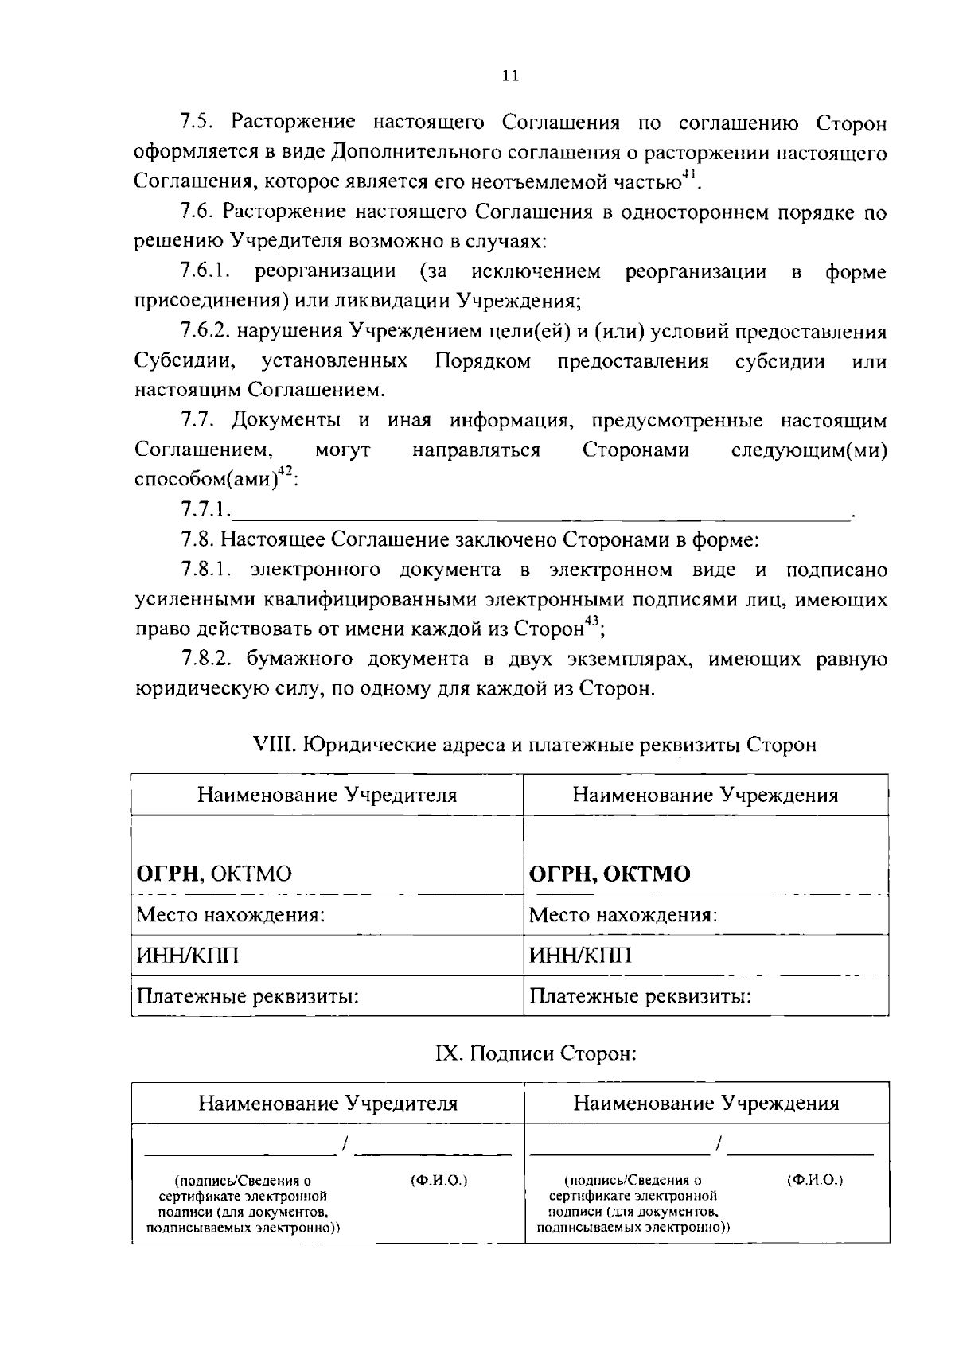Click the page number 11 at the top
point(510,76)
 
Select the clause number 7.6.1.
point(205,272)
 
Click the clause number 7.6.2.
point(205,331)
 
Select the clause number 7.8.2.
point(205,659)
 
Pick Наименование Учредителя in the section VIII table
point(327,795)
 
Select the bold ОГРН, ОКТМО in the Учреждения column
point(610,874)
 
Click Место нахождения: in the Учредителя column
point(231,915)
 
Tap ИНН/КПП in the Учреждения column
point(581,955)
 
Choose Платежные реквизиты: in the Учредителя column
point(248,996)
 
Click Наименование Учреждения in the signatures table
point(706,1104)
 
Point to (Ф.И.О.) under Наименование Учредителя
point(439,1181)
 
